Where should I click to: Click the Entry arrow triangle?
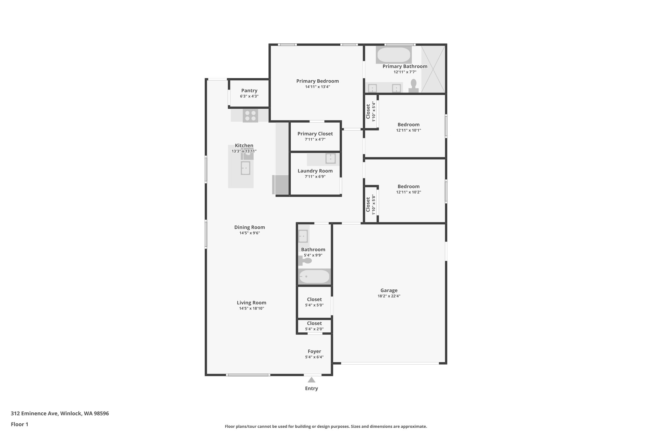pos(311,380)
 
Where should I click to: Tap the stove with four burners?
pos(250,115)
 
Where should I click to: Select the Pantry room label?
pos(249,91)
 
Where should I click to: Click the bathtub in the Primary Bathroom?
pos(393,55)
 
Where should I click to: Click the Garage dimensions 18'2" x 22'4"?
pos(389,296)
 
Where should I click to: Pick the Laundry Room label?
pos(315,171)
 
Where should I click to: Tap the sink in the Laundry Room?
pos(330,158)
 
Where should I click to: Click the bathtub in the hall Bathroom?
pos(314,277)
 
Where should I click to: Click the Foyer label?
pos(314,351)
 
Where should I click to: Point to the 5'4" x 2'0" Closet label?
pos(314,323)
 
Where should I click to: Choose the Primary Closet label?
pos(315,134)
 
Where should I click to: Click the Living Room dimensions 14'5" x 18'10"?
pos(252,308)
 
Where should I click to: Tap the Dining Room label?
pos(249,227)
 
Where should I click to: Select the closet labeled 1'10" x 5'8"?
pos(371,205)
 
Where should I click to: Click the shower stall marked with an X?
pos(433,69)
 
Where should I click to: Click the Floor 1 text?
pos(19,424)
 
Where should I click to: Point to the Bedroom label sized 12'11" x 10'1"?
pos(408,125)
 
